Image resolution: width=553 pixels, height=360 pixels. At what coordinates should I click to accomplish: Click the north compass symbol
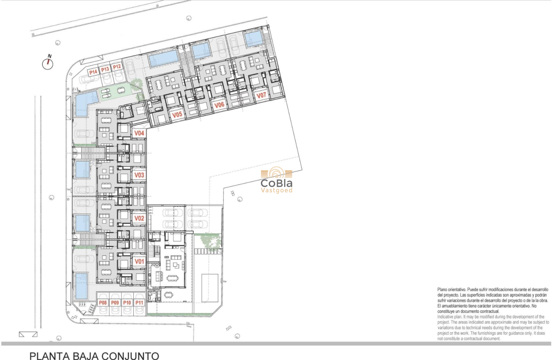click(48, 63)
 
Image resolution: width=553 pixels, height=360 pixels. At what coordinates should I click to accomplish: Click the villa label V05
click(177, 114)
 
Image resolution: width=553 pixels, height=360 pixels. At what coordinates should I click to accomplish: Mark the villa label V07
click(261, 95)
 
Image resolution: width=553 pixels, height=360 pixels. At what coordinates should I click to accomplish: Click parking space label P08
click(103, 303)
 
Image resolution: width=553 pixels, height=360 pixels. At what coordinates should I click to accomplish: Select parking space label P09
click(115, 303)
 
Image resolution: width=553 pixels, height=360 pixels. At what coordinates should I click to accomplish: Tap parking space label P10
click(127, 303)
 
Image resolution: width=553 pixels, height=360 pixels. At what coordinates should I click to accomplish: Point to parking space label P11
click(139, 303)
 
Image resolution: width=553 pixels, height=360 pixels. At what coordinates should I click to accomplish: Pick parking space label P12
click(117, 66)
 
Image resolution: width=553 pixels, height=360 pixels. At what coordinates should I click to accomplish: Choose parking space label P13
click(105, 69)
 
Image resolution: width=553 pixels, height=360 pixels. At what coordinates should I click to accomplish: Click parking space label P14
click(93, 72)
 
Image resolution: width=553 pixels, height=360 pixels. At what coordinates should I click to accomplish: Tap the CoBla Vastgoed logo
click(276, 180)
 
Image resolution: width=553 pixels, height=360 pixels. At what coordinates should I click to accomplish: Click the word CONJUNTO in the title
click(128, 356)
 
